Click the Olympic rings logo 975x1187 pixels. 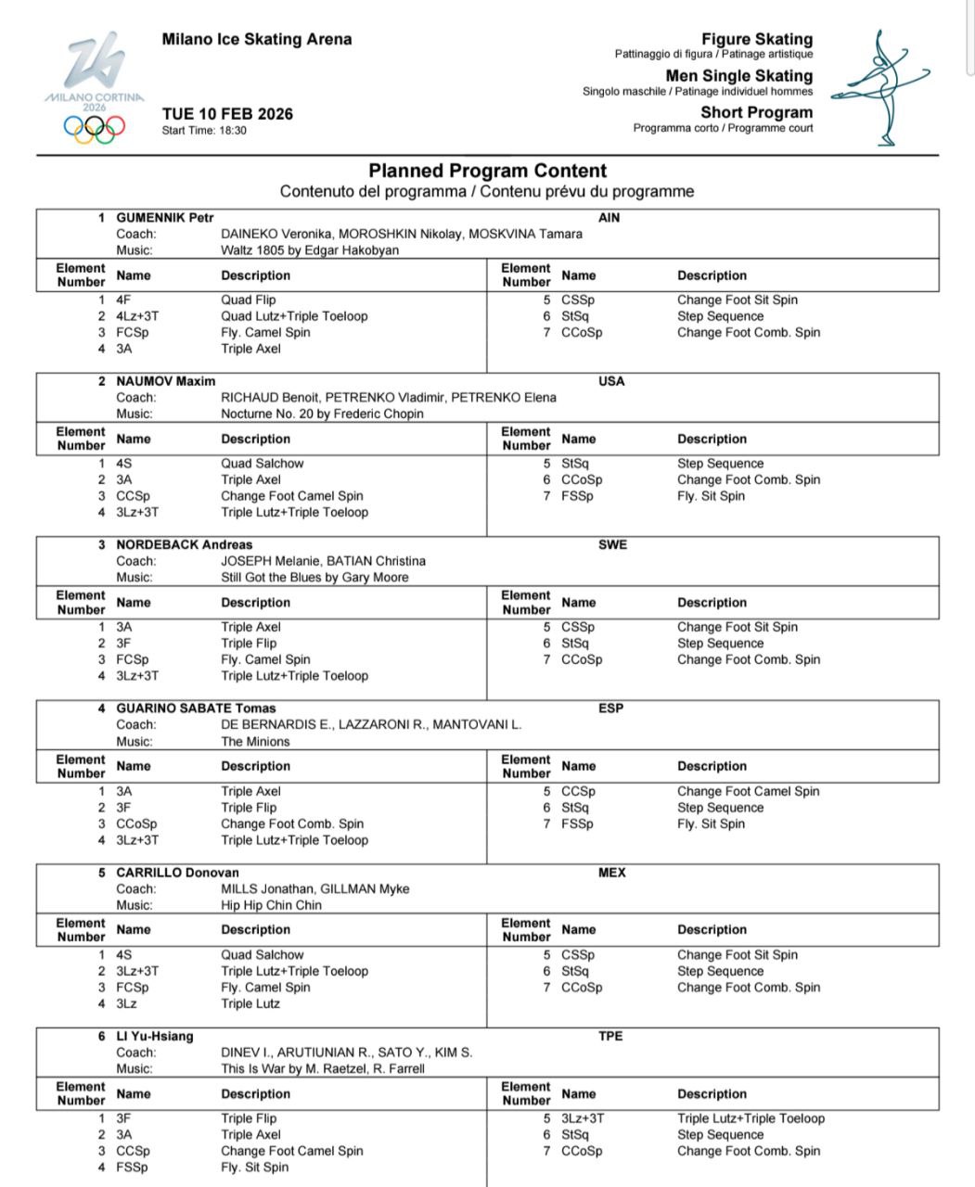pyautogui.click(x=94, y=128)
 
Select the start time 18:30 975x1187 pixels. pyautogui.click(x=231, y=131)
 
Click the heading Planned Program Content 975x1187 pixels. pyautogui.click(x=487, y=171)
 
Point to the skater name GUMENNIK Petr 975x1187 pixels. pyautogui.click(x=164, y=218)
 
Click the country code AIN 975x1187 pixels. pyautogui.click(x=609, y=218)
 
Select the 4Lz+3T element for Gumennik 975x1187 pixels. pyautogui.click(x=137, y=316)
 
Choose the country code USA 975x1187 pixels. pyautogui.click(x=611, y=381)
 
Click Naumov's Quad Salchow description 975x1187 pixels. pyautogui.click(x=262, y=464)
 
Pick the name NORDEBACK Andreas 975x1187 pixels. pyautogui.click(x=184, y=545)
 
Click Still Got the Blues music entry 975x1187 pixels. pyautogui.click(x=314, y=577)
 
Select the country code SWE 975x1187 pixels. pyautogui.click(x=612, y=545)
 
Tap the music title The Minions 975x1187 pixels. pyautogui.click(x=255, y=742)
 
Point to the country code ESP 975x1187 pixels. pyautogui.click(x=611, y=708)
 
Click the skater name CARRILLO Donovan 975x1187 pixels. pyautogui.click(x=177, y=873)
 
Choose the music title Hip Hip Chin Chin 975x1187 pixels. pyautogui.click(x=271, y=905)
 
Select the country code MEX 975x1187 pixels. pyautogui.click(x=612, y=873)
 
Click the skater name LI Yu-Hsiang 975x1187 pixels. pyautogui.click(x=154, y=1037)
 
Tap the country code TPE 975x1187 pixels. pyautogui.click(x=610, y=1037)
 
